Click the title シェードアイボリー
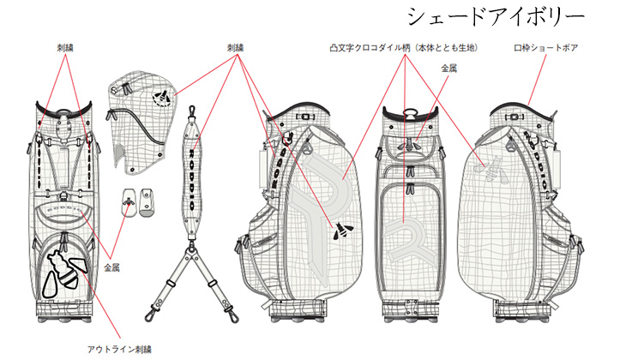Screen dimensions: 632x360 click(x=496, y=17)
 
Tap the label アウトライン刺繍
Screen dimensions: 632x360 click(x=119, y=349)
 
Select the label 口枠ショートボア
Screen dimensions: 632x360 click(x=545, y=48)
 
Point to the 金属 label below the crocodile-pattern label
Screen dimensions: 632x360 click(x=449, y=69)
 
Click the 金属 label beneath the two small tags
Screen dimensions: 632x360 click(x=111, y=267)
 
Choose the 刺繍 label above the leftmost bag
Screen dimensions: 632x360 click(x=65, y=48)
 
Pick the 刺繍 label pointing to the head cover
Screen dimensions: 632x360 click(x=235, y=48)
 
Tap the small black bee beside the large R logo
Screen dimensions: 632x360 click(x=342, y=231)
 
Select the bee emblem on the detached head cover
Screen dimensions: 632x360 click(x=161, y=98)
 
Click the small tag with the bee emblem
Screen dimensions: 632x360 click(x=129, y=201)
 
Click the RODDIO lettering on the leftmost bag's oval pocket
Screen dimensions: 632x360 click(x=63, y=210)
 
